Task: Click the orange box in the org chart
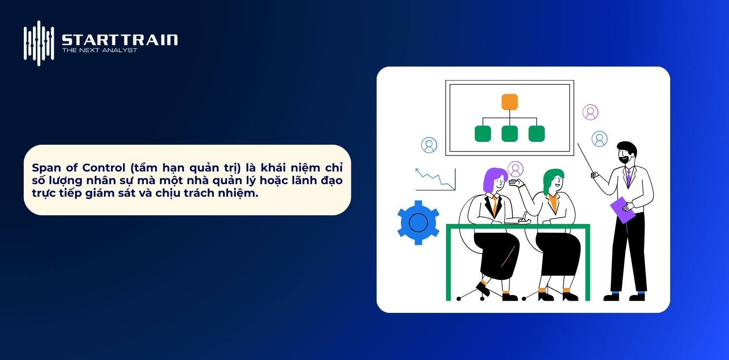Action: [x=509, y=102]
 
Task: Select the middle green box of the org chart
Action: [x=509, y=134]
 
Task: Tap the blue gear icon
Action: [x=418, y=223]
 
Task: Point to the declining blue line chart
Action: [x=434, y=178]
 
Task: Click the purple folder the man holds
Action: [x=623, y=209]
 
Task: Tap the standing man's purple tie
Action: [x=628, y=178]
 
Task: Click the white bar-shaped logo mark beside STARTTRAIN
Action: [x=39, y=43]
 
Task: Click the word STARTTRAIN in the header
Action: [x=120, y=39]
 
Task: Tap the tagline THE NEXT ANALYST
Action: [x=100, y=50]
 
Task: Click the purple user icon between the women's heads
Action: [x=515, y=169]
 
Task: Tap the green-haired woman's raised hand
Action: [x=517, y=183]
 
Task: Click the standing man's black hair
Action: [x=626, y=146]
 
